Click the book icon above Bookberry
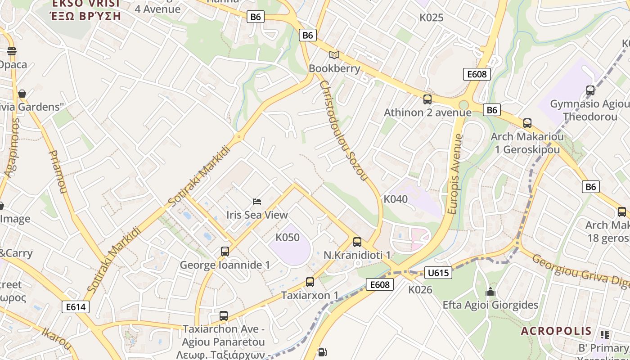pyautogui.click(x=334, y=55)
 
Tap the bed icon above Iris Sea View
pyautogui.click(x=257, y=201)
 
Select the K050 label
pyautogui.click(x=287, y=237)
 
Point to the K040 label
pyautogui.click(x=396, y=199)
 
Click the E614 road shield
pyautogui.click(x=76, y=307)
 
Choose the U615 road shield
pyautogui.click(x=438, y=273)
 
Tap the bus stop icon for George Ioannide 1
pyautogui.click(x=225, y=252)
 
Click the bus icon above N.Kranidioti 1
pyautogui.click(x=357, y=242)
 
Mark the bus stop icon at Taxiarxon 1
pyautogui.click(x=310, y=282)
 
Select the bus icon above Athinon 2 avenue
pyautogui.click(x=427, y=99)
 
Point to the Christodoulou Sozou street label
pyautogui.click(x=343, y=130)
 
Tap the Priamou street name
pyautogui.click(x=58, y=171)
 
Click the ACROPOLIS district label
pyautogui.click(x=556, y=331)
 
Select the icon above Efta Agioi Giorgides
pyautogui.click(x=490, y=292)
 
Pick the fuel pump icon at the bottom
pyautogui.click(x=322, y=352)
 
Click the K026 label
pyautogui.click(x=420, y=290)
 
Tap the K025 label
pyautogui.click(x=432, y=18)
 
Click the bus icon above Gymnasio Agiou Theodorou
pyautogui.click(x=590, y=90)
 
